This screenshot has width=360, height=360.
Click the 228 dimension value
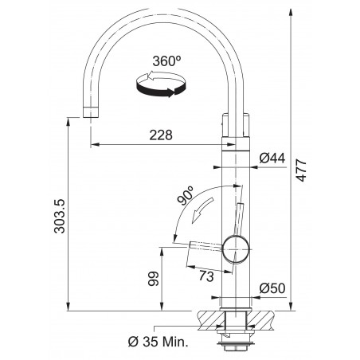161,135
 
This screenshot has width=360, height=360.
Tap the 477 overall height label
301,170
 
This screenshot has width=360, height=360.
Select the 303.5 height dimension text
59,217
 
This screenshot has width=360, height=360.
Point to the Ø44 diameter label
272,158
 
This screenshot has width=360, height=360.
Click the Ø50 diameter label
272,288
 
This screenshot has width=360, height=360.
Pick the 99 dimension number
153,279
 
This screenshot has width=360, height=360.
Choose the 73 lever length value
206,276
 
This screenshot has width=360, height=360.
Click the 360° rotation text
166,61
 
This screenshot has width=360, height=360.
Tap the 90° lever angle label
186,196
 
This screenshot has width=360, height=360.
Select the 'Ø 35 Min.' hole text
158,342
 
